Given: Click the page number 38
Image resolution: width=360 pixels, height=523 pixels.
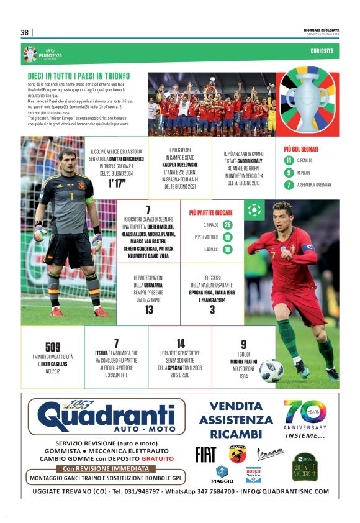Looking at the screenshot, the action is tap(25, 32).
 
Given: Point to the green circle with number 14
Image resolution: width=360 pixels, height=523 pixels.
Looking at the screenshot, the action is tap(289, 161).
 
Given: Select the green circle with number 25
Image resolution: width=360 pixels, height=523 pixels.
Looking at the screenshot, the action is tap(228, 225).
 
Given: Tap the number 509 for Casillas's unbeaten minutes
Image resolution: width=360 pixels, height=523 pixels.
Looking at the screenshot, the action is tap(53, 347).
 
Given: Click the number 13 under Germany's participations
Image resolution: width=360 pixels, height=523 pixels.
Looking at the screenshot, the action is tap(149, 309).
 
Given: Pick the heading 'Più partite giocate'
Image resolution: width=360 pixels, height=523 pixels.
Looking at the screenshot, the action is tap(210, 212).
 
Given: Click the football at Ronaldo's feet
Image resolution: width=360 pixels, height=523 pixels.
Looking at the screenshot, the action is tap(271, 371).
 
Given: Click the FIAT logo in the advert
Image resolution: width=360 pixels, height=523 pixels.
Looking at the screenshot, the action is tap(205, 454).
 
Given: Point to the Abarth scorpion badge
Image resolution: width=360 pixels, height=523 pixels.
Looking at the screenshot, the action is tap(237, 454).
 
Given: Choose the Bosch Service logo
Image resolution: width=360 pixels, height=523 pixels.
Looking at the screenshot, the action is tap(253, 475).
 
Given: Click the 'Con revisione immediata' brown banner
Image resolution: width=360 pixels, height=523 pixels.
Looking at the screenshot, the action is tap(106, 468).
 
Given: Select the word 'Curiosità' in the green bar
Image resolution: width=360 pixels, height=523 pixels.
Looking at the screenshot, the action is tap(322, 50).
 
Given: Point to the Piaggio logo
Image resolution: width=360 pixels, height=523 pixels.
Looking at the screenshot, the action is tap(223, 475).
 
